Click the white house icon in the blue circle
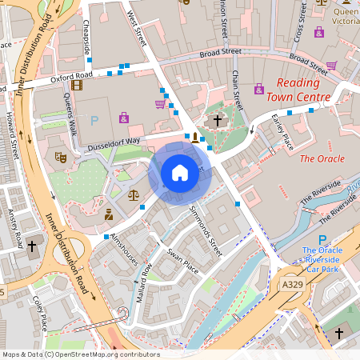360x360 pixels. pyautogui.click(x=180, y=172)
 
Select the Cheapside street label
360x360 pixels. pyautogui.click(x=86, y=36)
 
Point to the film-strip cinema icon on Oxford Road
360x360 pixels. pyautogui.click(x=76, y=85)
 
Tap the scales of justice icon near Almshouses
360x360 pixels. pyautogui.click(x=133, y=194)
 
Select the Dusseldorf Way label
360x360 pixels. pyautogui.click(x=114, y=140)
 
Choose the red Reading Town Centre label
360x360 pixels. pyautogui.click(x=302, y=90)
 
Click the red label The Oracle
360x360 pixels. pyautogui.click(x=322, y=158)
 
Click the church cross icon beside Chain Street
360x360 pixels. pyautogui.click(x=217, y=120)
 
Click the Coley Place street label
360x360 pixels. pyautogui.click(x=39, y=313)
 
